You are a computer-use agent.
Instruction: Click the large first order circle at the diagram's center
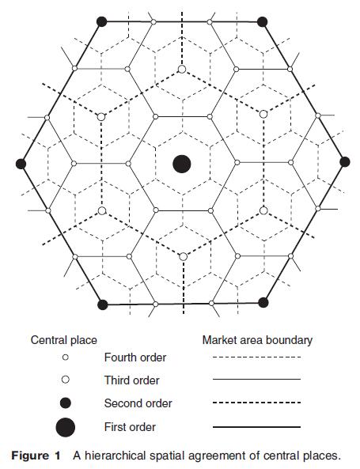tap(182, 164)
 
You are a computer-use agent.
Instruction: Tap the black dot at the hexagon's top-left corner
tap(102, 21)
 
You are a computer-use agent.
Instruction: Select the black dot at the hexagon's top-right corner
tap(262, 21)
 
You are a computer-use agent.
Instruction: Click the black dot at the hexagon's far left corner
tap(21, 164)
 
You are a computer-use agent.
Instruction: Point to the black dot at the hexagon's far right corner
tap(345, 162)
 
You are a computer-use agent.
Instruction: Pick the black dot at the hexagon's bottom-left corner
tap(103, 304)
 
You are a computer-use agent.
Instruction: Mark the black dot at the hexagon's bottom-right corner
tap(263, 302)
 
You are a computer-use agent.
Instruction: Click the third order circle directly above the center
tap(182, 70)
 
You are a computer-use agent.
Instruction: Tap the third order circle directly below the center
tap(183, 256)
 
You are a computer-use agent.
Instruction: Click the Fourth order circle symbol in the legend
tap(65, 357)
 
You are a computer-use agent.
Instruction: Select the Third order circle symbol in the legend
tap(65, 380)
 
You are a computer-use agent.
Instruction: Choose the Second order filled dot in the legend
tap(65, 403)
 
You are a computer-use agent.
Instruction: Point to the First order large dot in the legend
tap(65, 427)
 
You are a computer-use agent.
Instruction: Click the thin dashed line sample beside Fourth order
tap(256, 357)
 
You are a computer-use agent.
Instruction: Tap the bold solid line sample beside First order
tap(256, 427)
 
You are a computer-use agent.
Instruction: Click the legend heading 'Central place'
tap(64, 340)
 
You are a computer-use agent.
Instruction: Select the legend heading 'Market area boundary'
tap(257, 340)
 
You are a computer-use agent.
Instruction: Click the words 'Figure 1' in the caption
tap(36, 456)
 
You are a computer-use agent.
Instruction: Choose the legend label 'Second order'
tap(138, 403)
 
